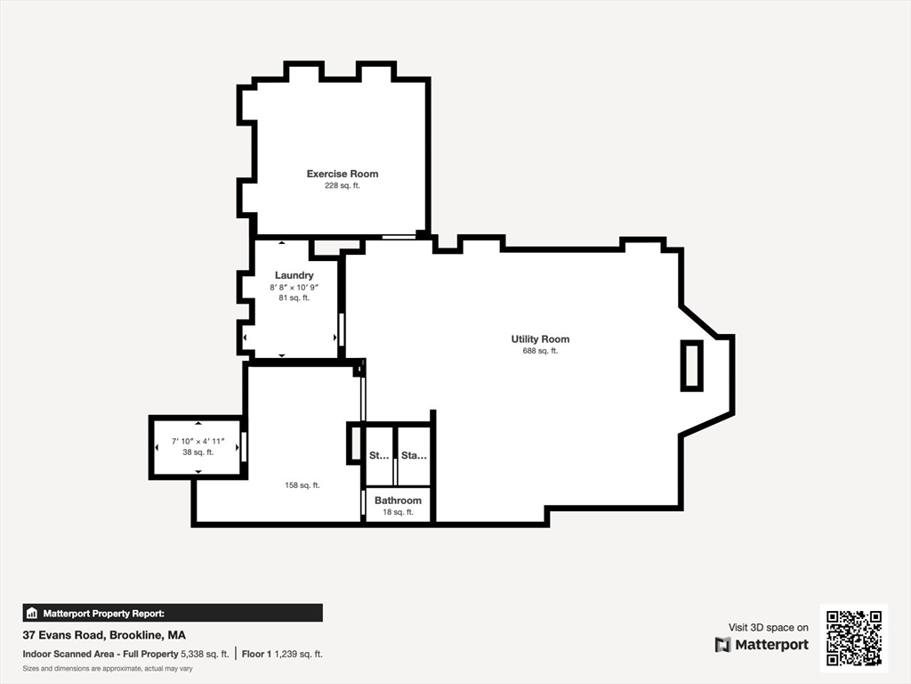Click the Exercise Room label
click(x=343, y=174)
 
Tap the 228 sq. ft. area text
click(x=343, y=186)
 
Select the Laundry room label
click(x=294, y=275)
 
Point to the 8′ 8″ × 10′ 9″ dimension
click(x=294, y=287)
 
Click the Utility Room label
click(x=540, y=339)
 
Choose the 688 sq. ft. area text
click(x=540, y=351)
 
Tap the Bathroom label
click(x=398, y=501)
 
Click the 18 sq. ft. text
click(x=398, y=512)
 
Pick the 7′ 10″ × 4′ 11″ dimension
click(x=198, y=441)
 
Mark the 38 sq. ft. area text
click(x=198, y=452)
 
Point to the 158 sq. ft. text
click(x=302, y=485)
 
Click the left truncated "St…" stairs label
click(x=379, y=456)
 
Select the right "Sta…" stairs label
click(x=414, y=456)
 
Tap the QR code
click(x=853, y=637)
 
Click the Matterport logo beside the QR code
click(x=762, y=645)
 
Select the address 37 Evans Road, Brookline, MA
click(x=104, y=635)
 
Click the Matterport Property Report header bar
click(x=173, y=613)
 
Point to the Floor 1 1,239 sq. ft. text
click(x=282, y=654)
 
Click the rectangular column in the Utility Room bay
click(x=691, y=365)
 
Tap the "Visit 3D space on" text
click(x=768, y=628)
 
